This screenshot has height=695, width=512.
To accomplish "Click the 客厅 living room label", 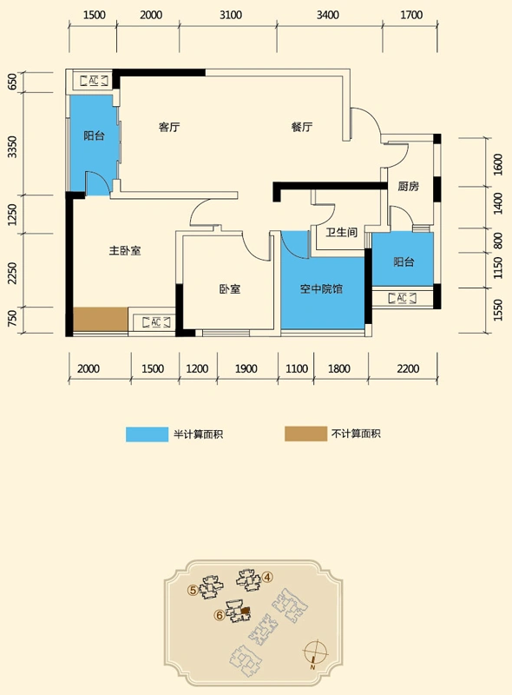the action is pos(169,127).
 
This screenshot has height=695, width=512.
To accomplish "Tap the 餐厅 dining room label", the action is pos(302,127).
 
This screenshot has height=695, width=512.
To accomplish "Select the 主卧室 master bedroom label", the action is pos(125,251).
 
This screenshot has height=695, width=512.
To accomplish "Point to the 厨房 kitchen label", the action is pos(408,186).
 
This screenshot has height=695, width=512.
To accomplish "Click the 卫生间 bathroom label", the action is pos(342,232).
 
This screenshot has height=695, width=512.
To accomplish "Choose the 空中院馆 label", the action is pos(321,289).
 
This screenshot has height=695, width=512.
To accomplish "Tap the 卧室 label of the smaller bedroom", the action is pos(230,289).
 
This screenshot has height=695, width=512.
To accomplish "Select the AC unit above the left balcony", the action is pos(94,81).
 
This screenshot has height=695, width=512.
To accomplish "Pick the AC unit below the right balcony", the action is pos(402,298).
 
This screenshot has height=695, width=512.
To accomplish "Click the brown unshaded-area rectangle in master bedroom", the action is pos(101,319).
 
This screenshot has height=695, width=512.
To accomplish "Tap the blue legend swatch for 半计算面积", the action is pos(147,434).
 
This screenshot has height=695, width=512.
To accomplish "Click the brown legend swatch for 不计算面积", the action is pos(305,434).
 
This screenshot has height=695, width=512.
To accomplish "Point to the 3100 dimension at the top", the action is pos(231,15).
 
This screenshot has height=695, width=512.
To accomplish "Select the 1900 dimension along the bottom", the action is pos(246,368).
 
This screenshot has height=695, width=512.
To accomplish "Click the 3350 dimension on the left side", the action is pos(12,147).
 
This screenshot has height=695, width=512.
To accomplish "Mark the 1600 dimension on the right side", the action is pos(498,164).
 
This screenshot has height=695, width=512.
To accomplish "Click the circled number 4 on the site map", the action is pos(267,577).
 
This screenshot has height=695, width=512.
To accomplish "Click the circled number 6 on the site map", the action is pos(219,615).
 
